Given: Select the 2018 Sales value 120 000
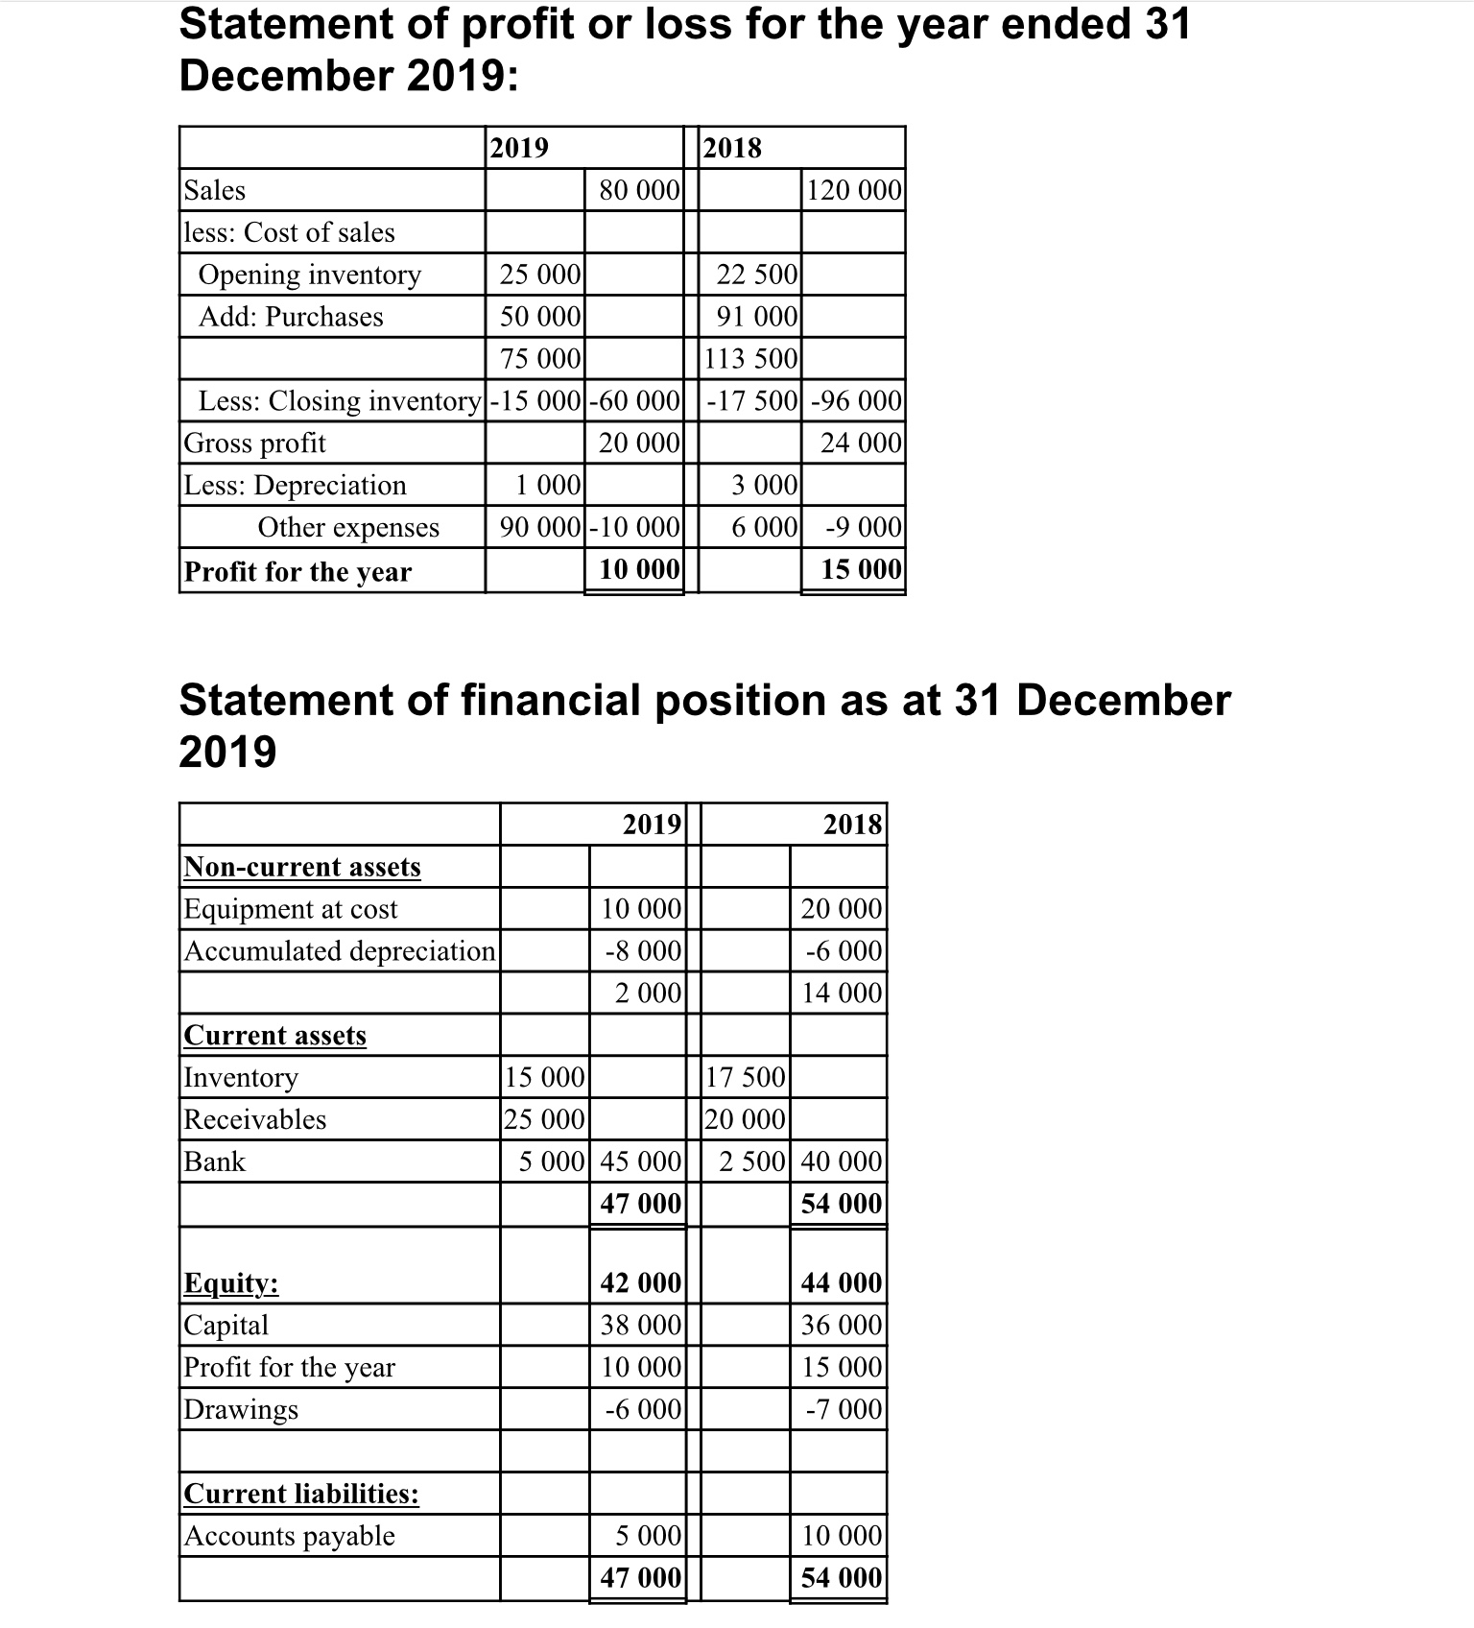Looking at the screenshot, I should [x=854, y=190].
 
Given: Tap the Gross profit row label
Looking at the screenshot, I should [x=255, y=443].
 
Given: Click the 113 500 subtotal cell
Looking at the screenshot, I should [x=750, y=359].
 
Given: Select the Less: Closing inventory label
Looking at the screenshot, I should [x=339, y=401].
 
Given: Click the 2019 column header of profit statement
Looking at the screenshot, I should [x=519, y=148].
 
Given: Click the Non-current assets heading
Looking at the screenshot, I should [x=302, y=867].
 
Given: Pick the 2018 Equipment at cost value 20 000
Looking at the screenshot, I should [x=841, y=909].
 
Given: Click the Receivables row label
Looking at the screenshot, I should [x=255, y=1119].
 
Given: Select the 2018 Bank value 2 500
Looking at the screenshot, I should [x=751, y=1161].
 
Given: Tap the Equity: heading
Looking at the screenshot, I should [x=231, y=1283].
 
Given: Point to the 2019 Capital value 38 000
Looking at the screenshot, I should [x=640, y=1326].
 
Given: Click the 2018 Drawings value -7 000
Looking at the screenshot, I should [x=844, y=1410].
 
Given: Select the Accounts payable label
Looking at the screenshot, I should [x=290, y=1536].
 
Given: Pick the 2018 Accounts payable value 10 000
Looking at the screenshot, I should [x=841, y=1536].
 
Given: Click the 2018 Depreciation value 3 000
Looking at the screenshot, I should [x=764, y=486].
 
